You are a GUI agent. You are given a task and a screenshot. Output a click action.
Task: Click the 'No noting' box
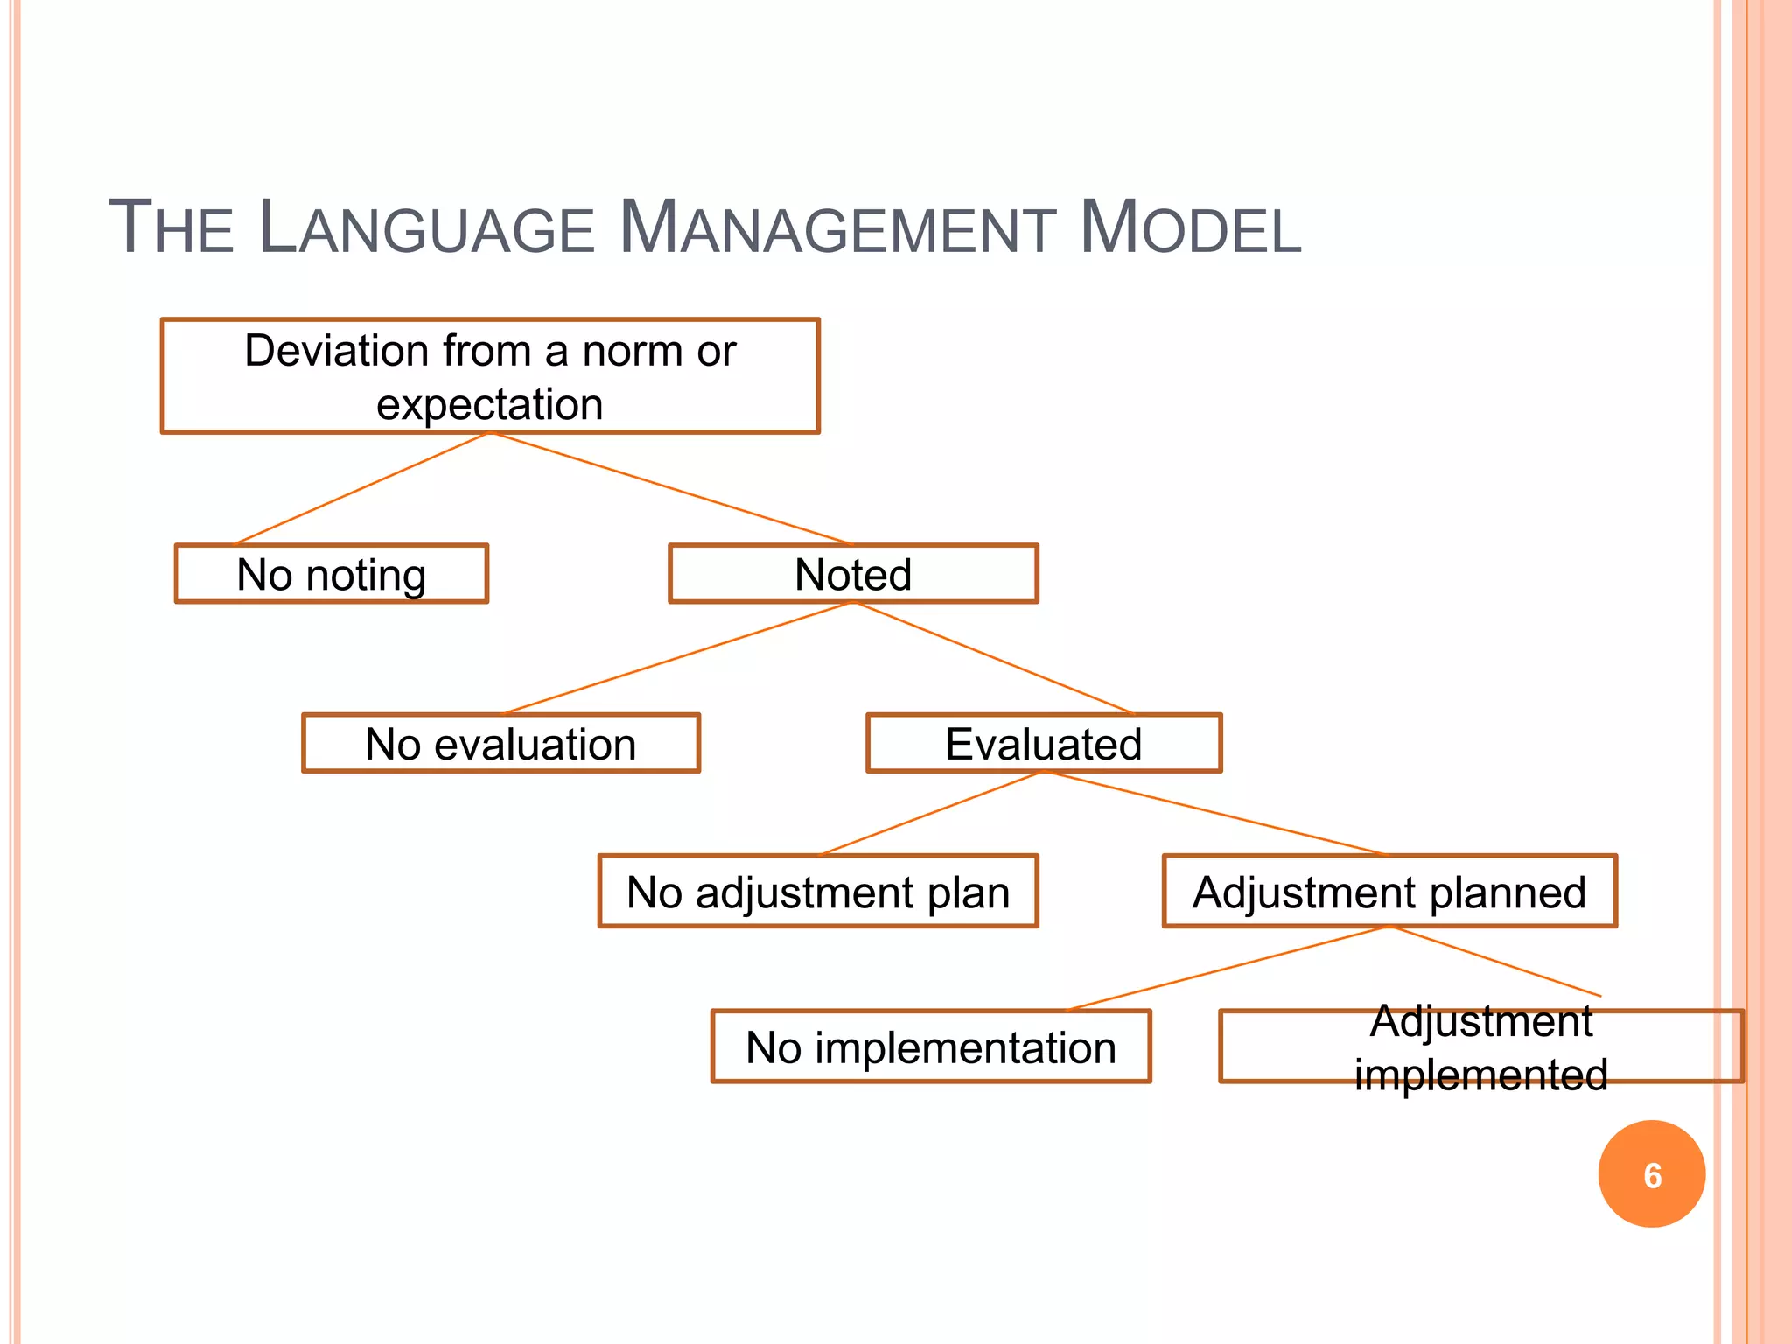(x=332, y=574)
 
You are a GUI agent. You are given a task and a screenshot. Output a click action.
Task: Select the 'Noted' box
(x=853, y=574)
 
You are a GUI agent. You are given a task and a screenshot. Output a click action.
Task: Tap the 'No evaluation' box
(x=500, y=744)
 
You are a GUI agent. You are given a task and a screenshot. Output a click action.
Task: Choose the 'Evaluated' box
(x=1044, y=744)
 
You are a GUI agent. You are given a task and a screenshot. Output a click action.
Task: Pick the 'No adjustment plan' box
(x=818, y=892)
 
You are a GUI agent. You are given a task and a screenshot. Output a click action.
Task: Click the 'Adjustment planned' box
(x=1389, y=892)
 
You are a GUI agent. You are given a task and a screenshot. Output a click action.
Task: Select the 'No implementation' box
(x=931, y=1046)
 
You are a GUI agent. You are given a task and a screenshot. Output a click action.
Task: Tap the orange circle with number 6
(x=1652, y=1174)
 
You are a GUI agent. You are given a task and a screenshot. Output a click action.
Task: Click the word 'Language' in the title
(x=427, y=229)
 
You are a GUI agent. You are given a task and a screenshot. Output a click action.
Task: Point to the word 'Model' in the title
(x=1190, y=229)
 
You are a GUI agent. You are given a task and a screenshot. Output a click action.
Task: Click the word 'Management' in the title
(x=836, y=229)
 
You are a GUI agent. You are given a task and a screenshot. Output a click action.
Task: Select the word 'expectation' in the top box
(x=490, y=404)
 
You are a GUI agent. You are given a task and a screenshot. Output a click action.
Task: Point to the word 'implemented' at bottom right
(x=1481, y=1074)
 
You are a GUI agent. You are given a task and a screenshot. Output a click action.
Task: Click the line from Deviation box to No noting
(x=361, y=488)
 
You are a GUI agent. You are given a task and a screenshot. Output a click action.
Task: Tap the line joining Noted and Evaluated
(x=993, y=658)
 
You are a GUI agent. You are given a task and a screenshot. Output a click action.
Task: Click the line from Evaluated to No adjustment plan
(x=929, y=813)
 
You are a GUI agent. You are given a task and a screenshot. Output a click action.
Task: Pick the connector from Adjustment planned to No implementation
(x=1228, y=968)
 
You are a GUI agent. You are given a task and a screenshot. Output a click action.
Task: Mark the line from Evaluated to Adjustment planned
(x=1216, y=814)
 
